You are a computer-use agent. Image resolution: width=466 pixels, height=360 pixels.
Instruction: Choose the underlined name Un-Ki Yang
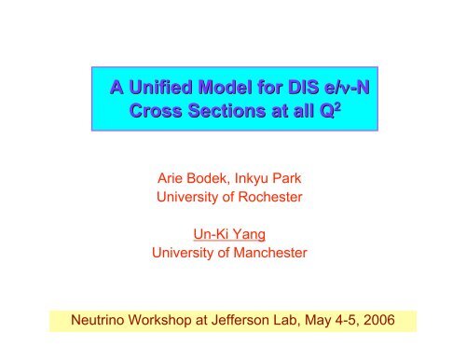click(x=232, y=232)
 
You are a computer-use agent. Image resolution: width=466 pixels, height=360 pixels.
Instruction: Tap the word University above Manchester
click(x=185, y=253)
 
